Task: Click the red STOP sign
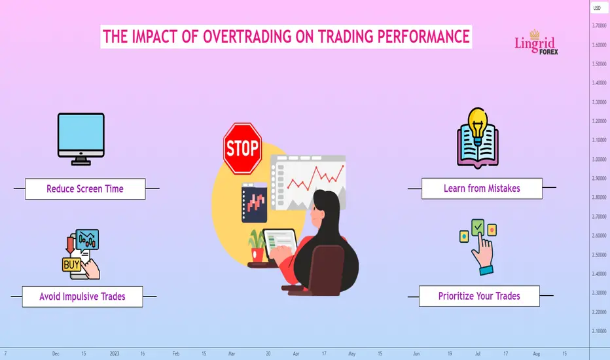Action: point(242,149)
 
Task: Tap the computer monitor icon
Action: point(81,139)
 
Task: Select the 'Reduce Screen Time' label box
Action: point(85,189)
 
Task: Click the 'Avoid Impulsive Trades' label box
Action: point(82,297)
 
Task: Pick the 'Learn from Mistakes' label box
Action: point(482,189)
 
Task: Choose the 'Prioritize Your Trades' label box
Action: point(479,296)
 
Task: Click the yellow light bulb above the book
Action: point(478,122)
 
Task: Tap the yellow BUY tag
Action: point(71,264)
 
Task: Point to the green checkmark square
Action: point(478,227)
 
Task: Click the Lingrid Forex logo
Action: point(536,43)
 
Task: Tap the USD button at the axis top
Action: point(597,8)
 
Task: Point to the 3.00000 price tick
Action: point(599,159)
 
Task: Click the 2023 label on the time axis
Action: point(115,353)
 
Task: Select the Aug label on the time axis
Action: point(537,353)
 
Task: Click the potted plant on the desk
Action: point(257,245)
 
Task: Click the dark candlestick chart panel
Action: point(254,203)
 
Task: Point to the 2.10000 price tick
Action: point(599,331)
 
